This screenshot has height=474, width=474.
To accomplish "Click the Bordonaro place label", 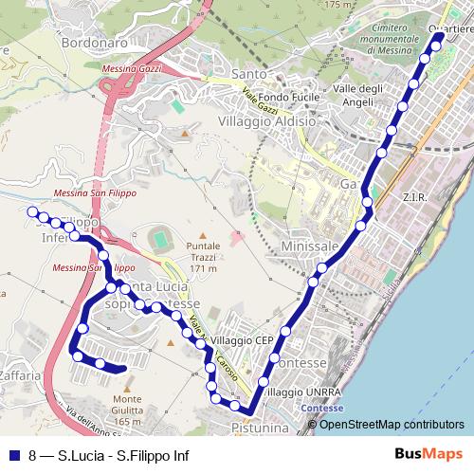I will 93,43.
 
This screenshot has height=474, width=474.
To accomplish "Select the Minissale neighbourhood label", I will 310,246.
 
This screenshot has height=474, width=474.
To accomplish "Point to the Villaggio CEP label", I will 242,340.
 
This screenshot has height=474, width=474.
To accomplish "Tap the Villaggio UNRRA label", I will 300,392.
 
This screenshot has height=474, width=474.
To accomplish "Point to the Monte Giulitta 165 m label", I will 127,410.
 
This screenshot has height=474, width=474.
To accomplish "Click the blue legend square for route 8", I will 12,455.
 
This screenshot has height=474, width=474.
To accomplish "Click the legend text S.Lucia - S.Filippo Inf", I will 122,455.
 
